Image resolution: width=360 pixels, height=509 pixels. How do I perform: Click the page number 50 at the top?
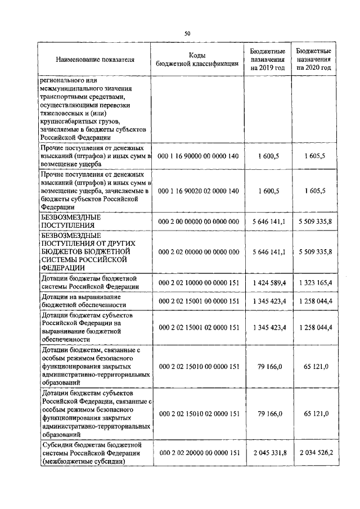point(187,33)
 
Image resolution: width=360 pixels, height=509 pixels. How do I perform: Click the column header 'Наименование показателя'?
point(95,60)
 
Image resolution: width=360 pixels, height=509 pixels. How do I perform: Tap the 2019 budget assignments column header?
point(268,59)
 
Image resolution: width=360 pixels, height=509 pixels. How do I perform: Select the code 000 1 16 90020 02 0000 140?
point(199,191)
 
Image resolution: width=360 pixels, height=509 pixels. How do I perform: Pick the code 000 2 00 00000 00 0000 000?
point(199,222)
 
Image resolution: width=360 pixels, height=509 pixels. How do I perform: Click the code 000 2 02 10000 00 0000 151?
point(199,282)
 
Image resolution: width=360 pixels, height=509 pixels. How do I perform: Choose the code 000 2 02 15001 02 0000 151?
point(199,327)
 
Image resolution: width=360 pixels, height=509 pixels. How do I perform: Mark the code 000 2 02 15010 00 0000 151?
point(199,366)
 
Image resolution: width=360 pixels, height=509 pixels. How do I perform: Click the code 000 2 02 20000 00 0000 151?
point(199,452)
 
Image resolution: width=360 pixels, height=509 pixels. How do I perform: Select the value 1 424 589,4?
point(269,282)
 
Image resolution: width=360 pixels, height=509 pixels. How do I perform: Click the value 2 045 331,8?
point(269,452)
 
